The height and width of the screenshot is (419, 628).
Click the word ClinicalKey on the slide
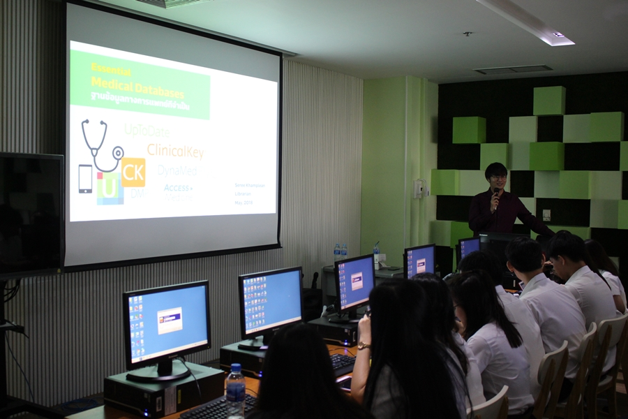(175, 151)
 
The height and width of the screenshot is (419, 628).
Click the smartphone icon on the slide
(85, 179)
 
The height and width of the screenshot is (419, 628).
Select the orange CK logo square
(133, 172)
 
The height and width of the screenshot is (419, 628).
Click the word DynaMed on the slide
(177, 170)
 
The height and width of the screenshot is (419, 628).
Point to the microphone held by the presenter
(496, 192)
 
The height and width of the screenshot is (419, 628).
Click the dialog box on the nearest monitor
(170, 321)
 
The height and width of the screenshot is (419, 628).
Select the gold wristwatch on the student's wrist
(364, 346)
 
